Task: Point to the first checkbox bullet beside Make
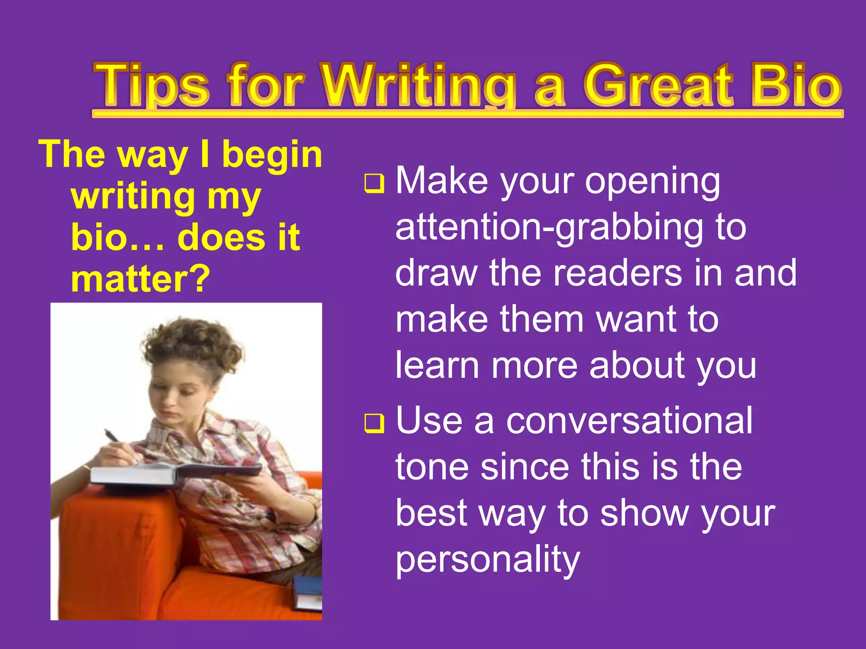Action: [x=374, y=184]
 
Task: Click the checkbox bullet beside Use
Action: [x=374, y=424]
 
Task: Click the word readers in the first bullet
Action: [x=617, y=273]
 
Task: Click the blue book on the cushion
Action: [x=307, y=592]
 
